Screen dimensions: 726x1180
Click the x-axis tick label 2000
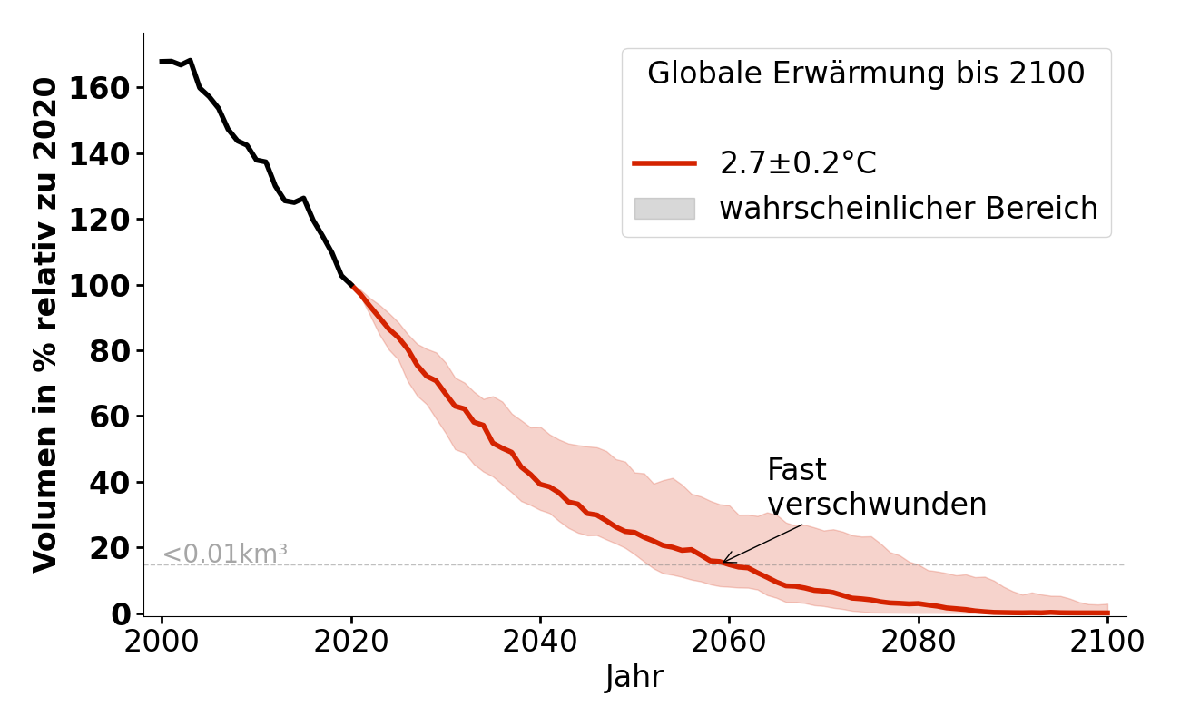162,642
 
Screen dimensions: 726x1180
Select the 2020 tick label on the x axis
350,642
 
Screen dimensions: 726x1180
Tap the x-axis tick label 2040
539,642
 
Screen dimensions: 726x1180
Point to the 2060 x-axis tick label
728,642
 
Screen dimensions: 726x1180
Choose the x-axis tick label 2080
917,642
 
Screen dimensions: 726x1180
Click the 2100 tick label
1106,642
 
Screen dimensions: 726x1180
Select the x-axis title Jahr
634,678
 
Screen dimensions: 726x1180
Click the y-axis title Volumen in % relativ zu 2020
45,325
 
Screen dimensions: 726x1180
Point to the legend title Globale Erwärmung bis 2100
866,74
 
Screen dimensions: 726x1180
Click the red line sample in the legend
664,163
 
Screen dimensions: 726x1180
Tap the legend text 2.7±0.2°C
798,163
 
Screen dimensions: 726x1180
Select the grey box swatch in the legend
664,209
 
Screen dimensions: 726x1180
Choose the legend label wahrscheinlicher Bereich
909,209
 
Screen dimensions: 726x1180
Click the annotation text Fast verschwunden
876,487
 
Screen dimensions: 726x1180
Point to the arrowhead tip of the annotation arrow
723,563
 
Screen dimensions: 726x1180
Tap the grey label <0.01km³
224,554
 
